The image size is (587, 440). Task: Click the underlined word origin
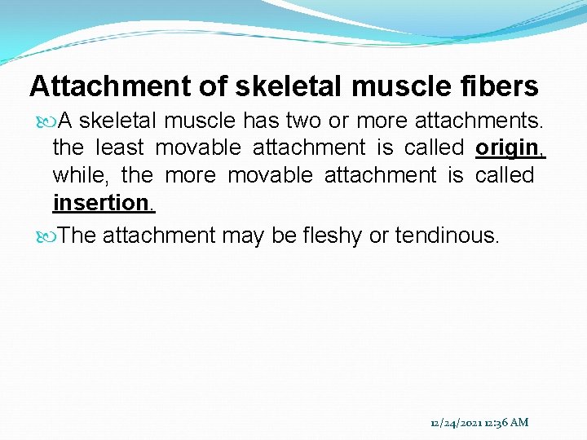[x=510, y=147]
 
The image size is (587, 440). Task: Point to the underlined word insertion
[x=104, y=202]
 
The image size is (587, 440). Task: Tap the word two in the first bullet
[x=303, y=121]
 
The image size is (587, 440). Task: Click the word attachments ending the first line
[x=479, y=121]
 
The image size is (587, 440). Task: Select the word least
[x=119, y=147]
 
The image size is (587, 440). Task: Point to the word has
[x=261, y=121]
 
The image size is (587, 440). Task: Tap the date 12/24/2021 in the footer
[x=456, y=422]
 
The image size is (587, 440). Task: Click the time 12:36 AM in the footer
[x=505, y=422]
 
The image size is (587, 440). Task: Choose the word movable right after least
[x=198, y=147]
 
